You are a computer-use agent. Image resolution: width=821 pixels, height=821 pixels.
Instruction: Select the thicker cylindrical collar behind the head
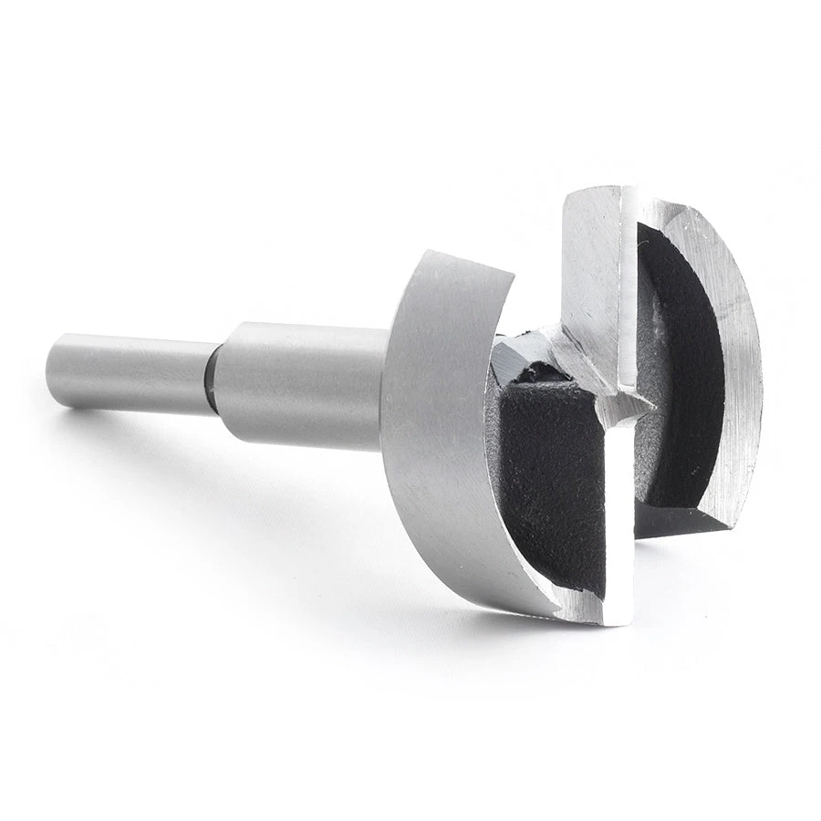pos(301,383)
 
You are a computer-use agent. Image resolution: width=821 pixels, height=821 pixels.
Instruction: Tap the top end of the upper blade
pos(598,196)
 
